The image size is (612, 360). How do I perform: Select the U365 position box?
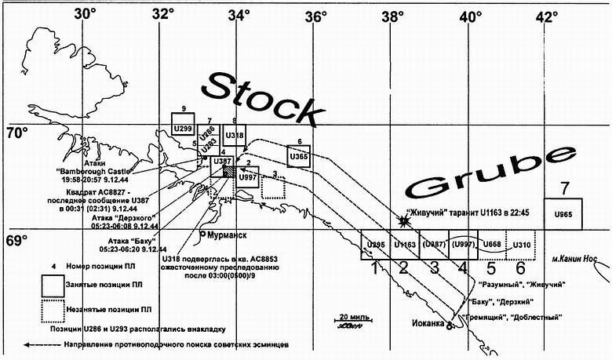pyautogui.click(x=298, y=157)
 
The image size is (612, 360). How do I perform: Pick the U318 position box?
pyautogui.click(x=234, y=135)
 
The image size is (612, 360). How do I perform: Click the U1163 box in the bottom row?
pyautogui.click(x=405, y=245)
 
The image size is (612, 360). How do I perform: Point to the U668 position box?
pyautogui.click(x=492, y=245)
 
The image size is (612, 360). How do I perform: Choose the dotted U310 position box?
pyautogui.click(x=520, y=245)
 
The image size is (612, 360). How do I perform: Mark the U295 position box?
pyautogui.click(x=375, y=245)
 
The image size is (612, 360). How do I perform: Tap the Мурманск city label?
pyautogui.click(x=226, y=235)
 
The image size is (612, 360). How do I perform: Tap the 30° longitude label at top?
pyautogui.click(x=84, y=13)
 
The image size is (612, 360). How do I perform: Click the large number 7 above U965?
pyautogui.click(x=563, y=188)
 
